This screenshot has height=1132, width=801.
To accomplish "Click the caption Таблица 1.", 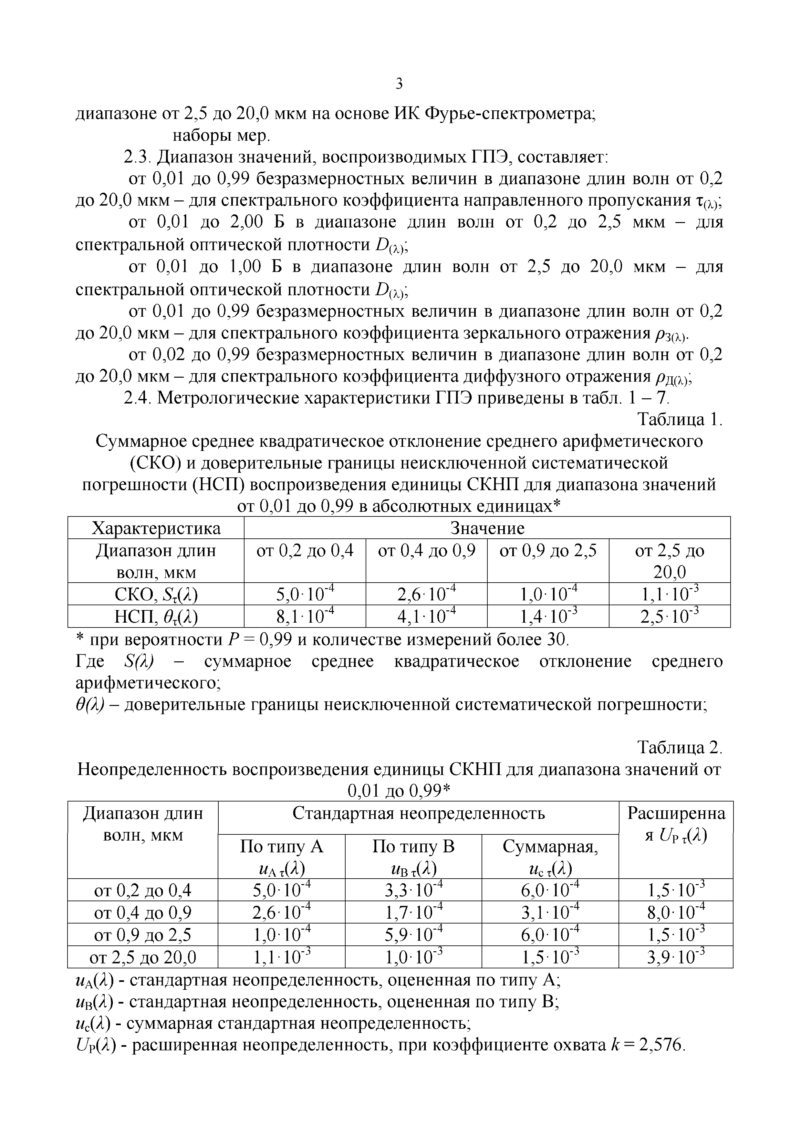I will [680, 420].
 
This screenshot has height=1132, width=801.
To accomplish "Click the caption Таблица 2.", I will [680, 748].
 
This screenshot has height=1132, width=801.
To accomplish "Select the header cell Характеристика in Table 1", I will [156, 528].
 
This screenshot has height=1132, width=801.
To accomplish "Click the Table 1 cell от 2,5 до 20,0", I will [669, 561].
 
